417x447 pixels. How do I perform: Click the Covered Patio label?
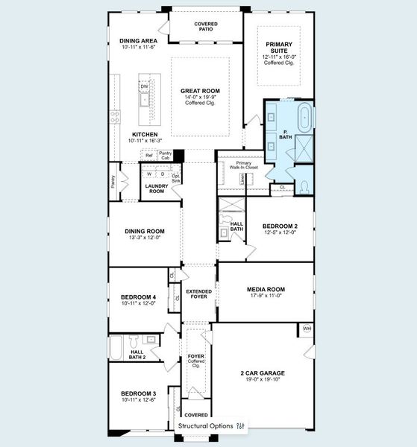pos(206,27)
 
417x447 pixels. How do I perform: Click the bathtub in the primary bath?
pos(304,118)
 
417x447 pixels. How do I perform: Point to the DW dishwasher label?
pos(145,86)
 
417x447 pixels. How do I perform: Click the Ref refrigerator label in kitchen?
pos(149,155)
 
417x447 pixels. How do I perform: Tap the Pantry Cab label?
pos(165,156)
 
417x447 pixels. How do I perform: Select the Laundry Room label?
pos(155,188)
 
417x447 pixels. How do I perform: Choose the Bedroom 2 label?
pos(280,226)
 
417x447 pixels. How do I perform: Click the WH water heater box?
pos(307,329)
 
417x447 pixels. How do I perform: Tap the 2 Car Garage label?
pos(262,372)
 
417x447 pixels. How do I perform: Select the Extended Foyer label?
pos(198,294)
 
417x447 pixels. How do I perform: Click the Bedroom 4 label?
pos(138,297)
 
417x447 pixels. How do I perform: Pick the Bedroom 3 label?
pos(138,393)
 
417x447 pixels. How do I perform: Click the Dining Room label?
pos(145,231)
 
